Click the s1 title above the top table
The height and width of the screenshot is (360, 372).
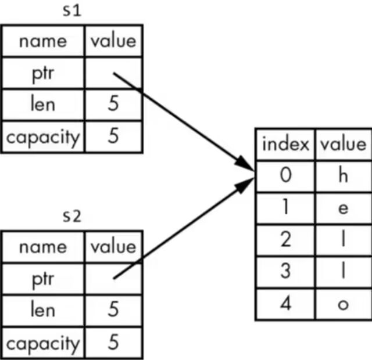click(71, 10)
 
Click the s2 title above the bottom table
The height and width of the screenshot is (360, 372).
click(71, 216)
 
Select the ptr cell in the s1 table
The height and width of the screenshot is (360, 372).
click(42, 73)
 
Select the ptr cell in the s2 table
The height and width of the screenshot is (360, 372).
click(42, 279)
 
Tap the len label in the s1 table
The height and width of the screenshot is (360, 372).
click(42, 105)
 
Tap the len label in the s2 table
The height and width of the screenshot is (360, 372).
click(42, 311)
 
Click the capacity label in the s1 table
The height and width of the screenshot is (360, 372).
click(42, 136)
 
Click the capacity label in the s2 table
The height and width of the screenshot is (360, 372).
click(42, 343)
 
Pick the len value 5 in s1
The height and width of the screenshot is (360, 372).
click(113, 105)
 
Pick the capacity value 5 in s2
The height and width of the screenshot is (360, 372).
click(113, 343)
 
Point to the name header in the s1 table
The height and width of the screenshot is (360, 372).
click(42, 41)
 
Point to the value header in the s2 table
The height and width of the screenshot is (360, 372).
click(113, 247)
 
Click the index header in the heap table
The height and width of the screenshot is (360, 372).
click(285, 144)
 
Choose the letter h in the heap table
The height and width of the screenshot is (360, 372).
click(342, 176)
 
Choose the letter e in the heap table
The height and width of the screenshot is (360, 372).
click(342, 208)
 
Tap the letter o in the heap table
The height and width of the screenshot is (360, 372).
click(342, 304)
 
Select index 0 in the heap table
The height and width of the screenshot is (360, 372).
click(285, 176)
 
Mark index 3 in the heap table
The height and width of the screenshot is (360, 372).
click(285, 272)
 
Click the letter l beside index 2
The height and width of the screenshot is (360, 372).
click(342, 240)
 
